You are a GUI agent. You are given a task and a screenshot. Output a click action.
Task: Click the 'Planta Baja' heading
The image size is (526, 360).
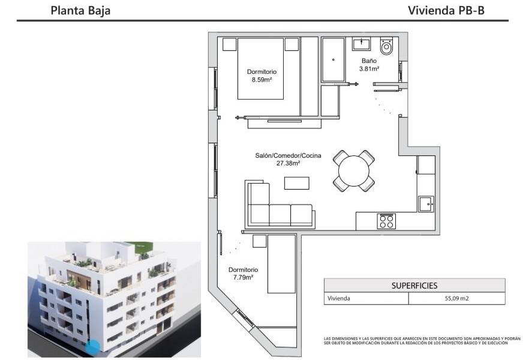tap(80, 10)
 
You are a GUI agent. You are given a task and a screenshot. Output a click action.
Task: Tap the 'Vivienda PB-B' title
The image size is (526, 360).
tap(446, 10)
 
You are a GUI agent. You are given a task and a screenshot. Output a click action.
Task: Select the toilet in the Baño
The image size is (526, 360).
tap(387, 47)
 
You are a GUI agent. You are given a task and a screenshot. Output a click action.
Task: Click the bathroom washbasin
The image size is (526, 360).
tap(362, 44)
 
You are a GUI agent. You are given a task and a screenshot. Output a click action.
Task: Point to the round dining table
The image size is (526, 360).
tap(354, 171)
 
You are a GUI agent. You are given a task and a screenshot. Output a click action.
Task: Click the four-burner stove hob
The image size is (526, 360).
tap(386, 221)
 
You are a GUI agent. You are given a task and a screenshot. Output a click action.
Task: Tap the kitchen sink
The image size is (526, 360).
tap(426, 203)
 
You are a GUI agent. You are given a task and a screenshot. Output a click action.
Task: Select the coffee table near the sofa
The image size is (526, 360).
tap(297, 182)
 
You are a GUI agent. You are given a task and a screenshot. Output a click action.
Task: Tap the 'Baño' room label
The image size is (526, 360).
tap(369, 61)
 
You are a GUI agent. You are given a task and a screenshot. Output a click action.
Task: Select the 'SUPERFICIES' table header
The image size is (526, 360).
tap(414, 286)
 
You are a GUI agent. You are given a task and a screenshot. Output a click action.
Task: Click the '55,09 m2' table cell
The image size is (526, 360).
tap(456, 298)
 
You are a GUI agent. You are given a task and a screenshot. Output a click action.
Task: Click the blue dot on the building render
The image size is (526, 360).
tap(93, 346)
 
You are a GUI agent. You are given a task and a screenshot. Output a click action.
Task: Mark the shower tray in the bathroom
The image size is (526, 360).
tap(333, 60)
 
